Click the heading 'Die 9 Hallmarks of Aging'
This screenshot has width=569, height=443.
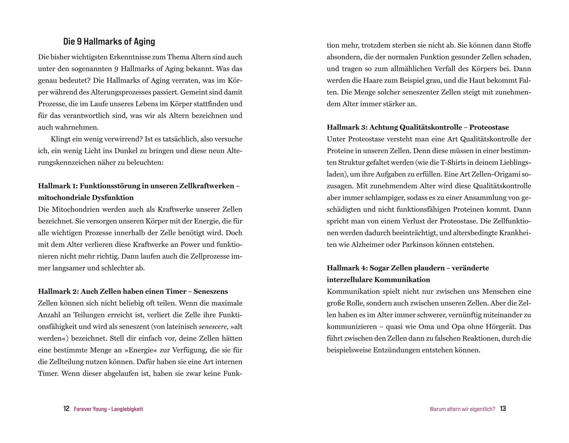[x=109, y=42]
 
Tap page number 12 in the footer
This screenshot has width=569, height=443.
[x=66, y=409]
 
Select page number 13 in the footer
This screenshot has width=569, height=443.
[x=503, y=409]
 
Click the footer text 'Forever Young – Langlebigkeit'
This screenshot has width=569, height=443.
[x=108, y=409]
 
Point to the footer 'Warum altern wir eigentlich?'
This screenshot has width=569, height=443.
[x=462, y=409]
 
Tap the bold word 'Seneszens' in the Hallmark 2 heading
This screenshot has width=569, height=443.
[x=211, y=291]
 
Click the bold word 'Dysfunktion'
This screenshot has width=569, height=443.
[x=113, y=198]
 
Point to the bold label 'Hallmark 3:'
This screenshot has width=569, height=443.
[x=347, y=128]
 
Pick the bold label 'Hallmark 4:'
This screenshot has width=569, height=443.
[x=347, y=268]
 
